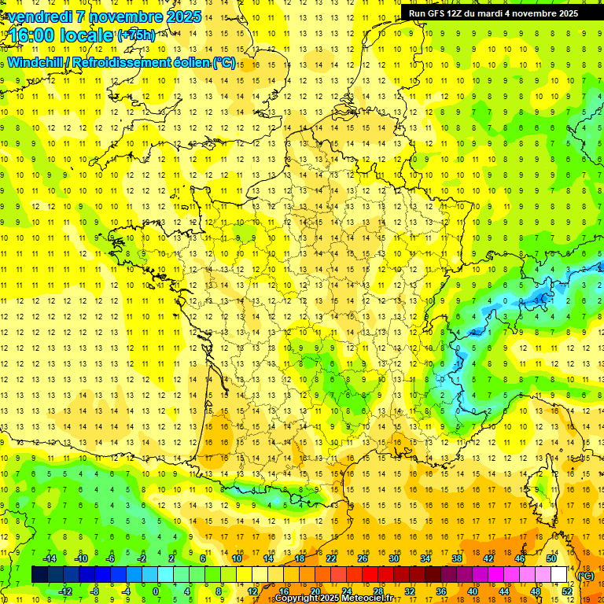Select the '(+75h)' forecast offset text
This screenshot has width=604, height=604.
136,35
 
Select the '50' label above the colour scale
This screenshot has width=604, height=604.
551,558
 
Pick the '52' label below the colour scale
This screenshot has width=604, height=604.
567,591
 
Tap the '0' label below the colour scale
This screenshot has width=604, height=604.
156,591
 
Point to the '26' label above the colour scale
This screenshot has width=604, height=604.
363,558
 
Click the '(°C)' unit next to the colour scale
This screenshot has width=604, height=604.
586,576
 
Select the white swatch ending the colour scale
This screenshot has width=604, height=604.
559,575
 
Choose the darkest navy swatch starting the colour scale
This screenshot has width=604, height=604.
39,575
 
